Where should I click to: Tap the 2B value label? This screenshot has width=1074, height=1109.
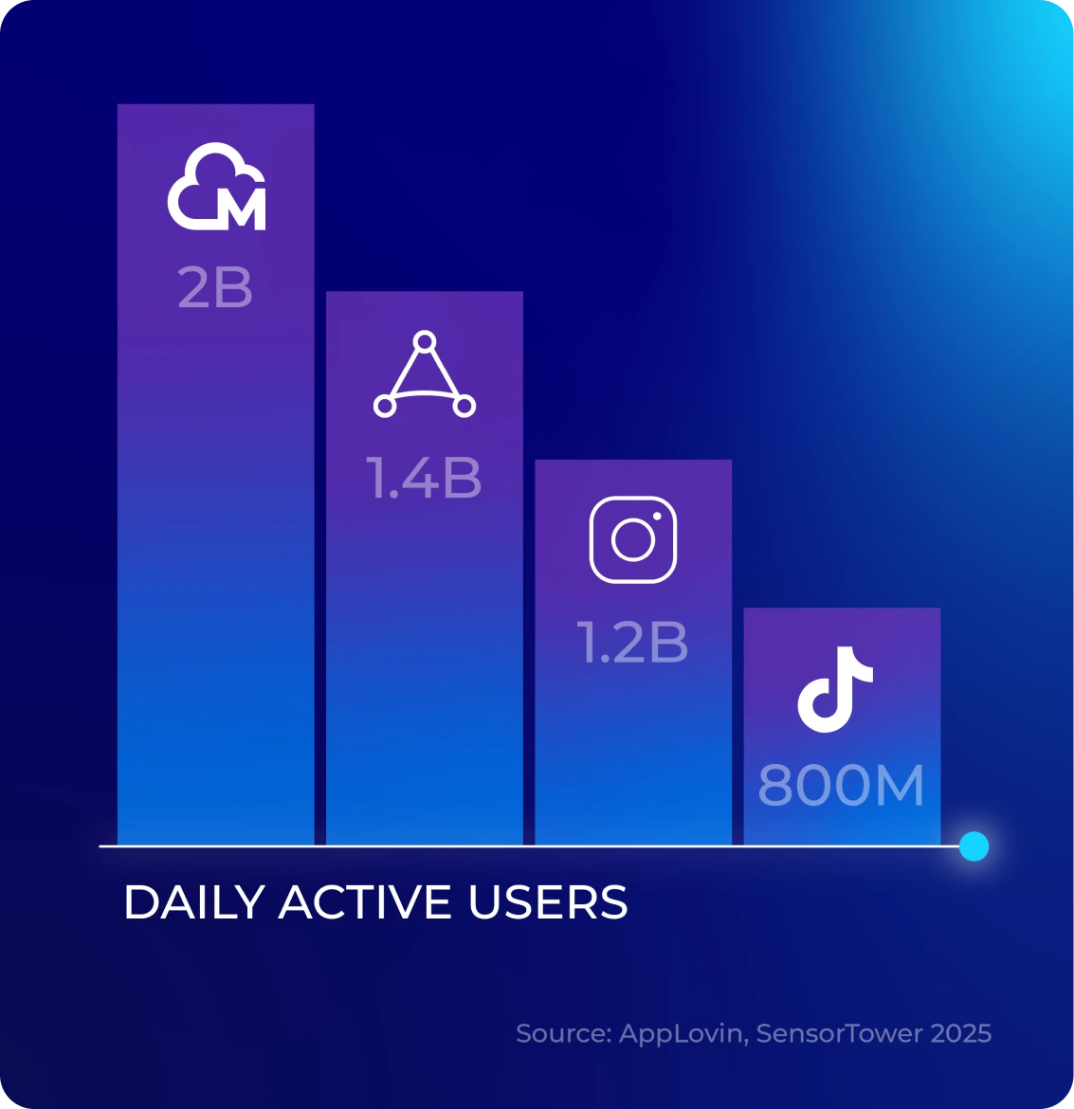pyautogui.click(x=215, y=288)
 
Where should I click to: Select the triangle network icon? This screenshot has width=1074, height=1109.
pyautogui.click(x=424, y=375)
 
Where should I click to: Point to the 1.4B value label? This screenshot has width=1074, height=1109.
pyautogui.click(x=425, y=478)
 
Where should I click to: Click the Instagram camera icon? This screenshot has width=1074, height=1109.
pyautogui.click(x=633, y=539)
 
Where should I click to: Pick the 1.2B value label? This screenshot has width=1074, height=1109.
pyautogui.click(x=633, y=643)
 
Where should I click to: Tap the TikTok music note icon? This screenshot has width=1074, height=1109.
pyautogui.click(x=834, y=689)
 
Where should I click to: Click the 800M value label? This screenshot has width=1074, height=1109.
pyautogui.click(x=841, y=786)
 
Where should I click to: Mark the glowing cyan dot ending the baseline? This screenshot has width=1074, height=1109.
pyautogui.click(x=974, y=845)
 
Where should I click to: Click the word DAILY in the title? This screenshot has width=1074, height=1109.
pyautogui.click(x=194, y=902)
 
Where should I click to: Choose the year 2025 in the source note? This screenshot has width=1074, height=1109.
pyautogui.click(x=960, y=1033)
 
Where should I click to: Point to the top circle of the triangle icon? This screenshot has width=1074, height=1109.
pyautogui.click(x=425, y=341)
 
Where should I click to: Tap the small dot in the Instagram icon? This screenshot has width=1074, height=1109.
pyautogui.click(x=656, y=517)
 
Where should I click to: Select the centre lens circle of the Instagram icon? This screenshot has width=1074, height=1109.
pyautogui.click(x=633, y=540)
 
